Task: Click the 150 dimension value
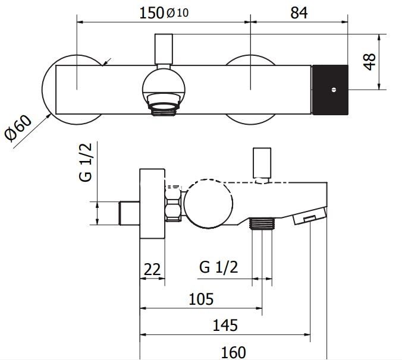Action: tap(151, 13)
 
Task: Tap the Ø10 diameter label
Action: tap(178, 13)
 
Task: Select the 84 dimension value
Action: tap(299, 13)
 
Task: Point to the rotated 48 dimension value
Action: tap(370, 62)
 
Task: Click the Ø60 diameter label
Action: tap(18, 128)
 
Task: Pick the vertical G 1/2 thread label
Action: tap(86, 162)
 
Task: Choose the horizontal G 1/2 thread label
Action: tap(219, 267)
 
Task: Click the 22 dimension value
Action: tap(152, 269)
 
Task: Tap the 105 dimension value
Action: tap(201, 299)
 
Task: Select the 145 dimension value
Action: tap(225, 325)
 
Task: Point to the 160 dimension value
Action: tap(233, 352)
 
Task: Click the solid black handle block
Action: tap(330, 90)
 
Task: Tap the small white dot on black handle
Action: tap(334, 90)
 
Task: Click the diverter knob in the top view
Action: tap(164, 49)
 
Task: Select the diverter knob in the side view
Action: tap(262, 163)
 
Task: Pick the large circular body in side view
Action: tap(209, 203)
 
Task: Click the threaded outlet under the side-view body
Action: tap(262, 223)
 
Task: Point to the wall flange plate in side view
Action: tap(152, 204)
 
